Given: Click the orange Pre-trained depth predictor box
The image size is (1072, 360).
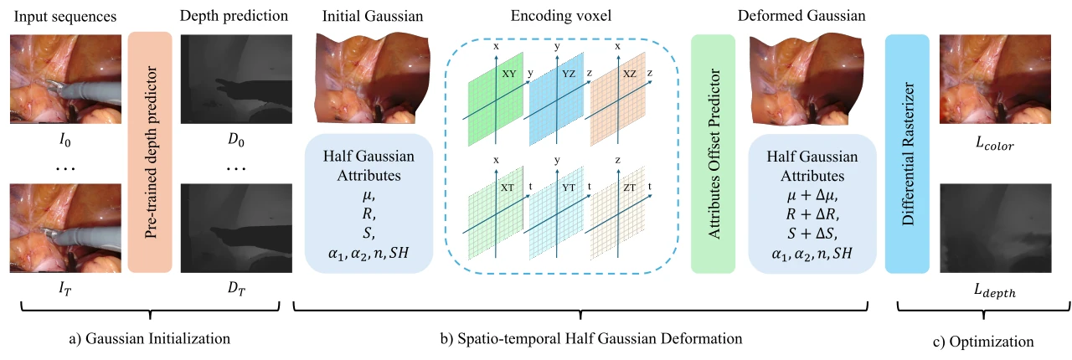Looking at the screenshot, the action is [x=150, y=152].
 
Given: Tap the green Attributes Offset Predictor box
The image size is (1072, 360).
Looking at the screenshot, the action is [x=713, y=154].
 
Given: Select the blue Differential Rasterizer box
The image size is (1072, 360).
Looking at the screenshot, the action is [x=907, y=154].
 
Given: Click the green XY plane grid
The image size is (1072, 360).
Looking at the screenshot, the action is [x=495, y=99].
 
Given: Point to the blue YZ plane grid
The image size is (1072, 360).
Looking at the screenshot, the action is [x=556, y=99].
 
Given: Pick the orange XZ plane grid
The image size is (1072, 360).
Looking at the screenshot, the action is [x=618, y=99].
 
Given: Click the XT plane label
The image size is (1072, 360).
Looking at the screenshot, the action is [x=508, y=188].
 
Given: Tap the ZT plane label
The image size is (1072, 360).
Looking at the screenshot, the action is [x=629, y=188].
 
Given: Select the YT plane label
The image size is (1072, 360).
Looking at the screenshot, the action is [x=569, y=188].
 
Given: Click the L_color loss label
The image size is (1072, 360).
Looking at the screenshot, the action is [x=994, y=143].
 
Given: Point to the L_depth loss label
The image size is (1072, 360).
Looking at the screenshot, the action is [x=995, y=291].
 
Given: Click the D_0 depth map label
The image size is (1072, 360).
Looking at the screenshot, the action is [x=236, y=140].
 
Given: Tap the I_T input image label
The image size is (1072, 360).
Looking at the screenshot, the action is [x=65, y=288].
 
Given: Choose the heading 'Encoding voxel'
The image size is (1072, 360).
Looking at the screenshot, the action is [x=561, y=16].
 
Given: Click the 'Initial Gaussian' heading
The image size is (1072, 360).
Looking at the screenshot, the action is [x=373, y=16].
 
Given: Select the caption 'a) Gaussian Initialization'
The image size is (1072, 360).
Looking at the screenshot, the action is [x=150, y=338].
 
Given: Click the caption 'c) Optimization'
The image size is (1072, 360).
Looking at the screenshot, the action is [x=983, y=342].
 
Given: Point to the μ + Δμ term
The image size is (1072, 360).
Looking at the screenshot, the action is [x=812, y=195].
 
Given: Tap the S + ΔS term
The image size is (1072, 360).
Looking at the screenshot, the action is [x=812, y=234].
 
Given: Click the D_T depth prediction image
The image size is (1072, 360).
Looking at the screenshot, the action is [x=236, y=229].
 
